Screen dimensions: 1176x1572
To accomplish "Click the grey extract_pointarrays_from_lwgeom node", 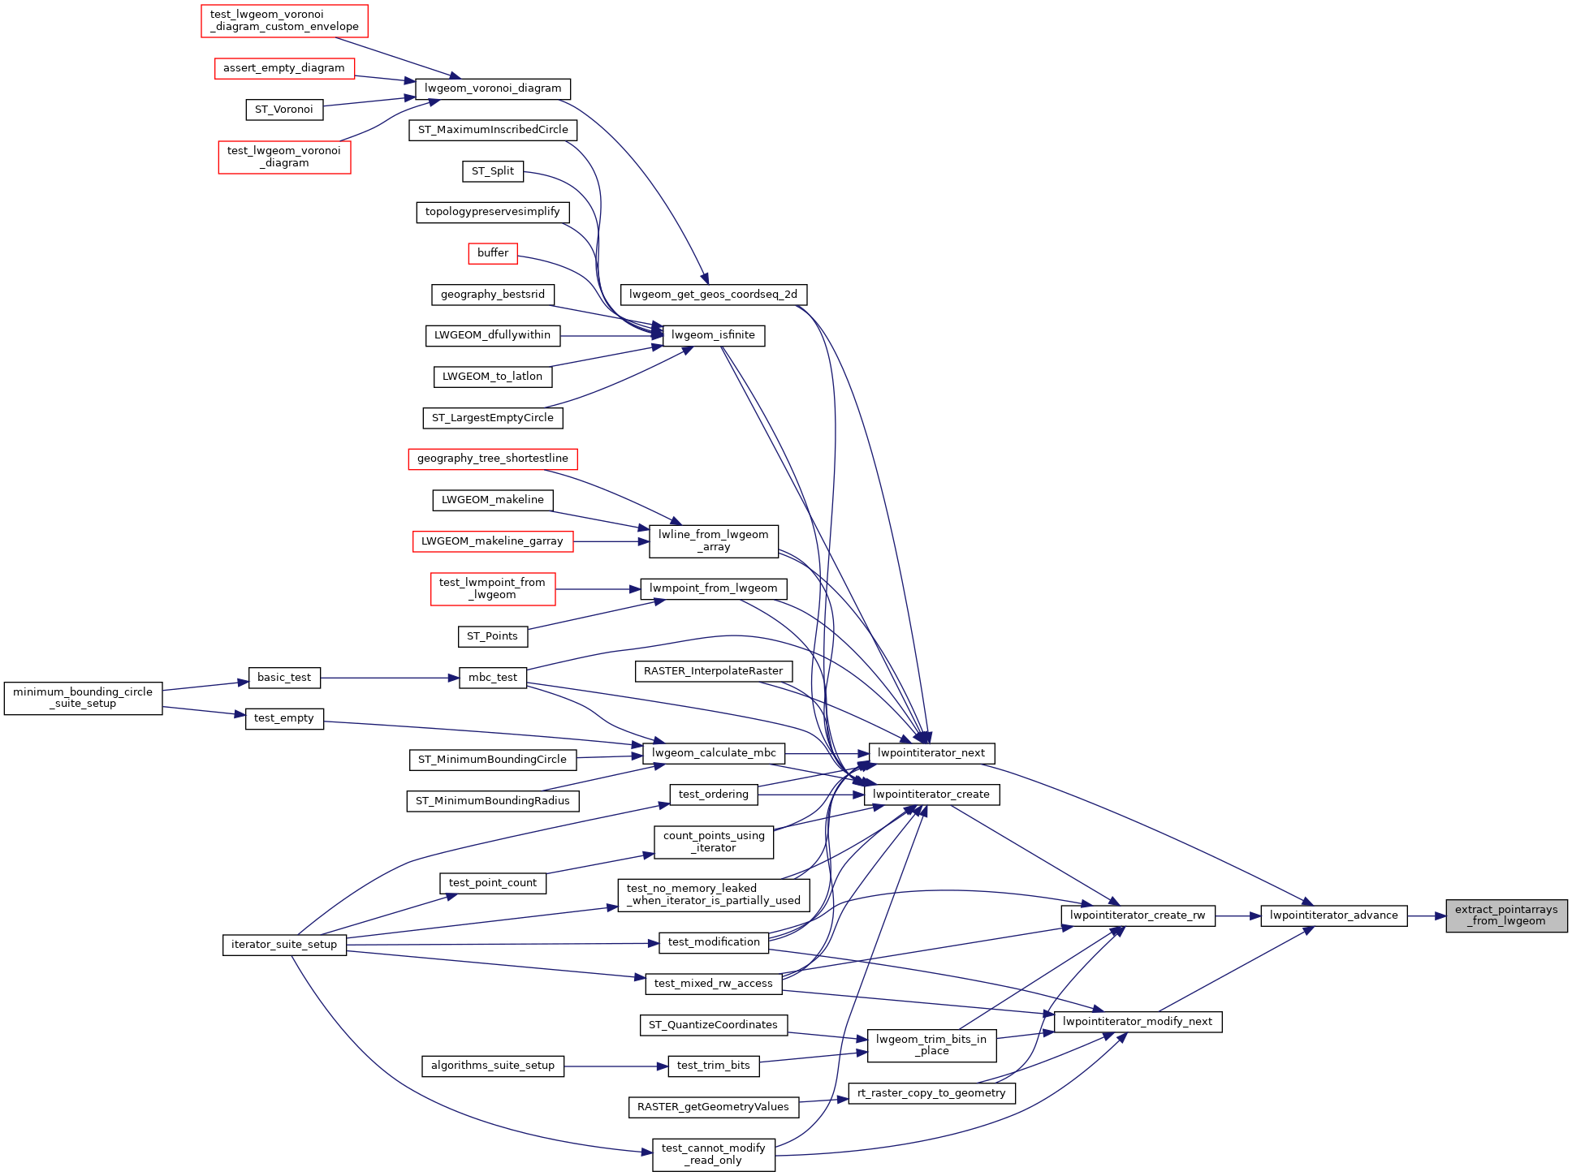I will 1506,915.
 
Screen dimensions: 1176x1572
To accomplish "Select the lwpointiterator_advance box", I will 1333,915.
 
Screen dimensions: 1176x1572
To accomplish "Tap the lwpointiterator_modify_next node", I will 1137,1022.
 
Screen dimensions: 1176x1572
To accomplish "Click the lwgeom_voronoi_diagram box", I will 493,88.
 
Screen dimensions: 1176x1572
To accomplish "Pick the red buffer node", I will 493,253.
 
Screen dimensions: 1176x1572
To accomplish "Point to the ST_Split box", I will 493,171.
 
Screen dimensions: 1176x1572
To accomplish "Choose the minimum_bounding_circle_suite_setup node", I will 83,698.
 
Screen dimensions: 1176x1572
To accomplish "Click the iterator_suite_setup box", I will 284,945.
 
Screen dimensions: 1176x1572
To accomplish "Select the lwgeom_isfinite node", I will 714,335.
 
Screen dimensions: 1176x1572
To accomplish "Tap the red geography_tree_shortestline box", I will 493,459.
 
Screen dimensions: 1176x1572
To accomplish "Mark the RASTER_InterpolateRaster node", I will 713,671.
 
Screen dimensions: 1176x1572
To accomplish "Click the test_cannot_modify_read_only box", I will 713,1154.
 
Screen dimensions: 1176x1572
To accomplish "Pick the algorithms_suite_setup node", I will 493,1066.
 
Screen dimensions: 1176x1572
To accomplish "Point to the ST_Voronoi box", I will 284,110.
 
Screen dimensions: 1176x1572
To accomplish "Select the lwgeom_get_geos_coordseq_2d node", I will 713,295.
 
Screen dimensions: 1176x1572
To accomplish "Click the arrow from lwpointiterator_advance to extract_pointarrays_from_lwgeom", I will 1426,915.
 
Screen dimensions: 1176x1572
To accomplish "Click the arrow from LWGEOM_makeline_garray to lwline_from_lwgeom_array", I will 611,541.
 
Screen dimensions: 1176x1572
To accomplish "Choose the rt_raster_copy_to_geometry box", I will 931,1093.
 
